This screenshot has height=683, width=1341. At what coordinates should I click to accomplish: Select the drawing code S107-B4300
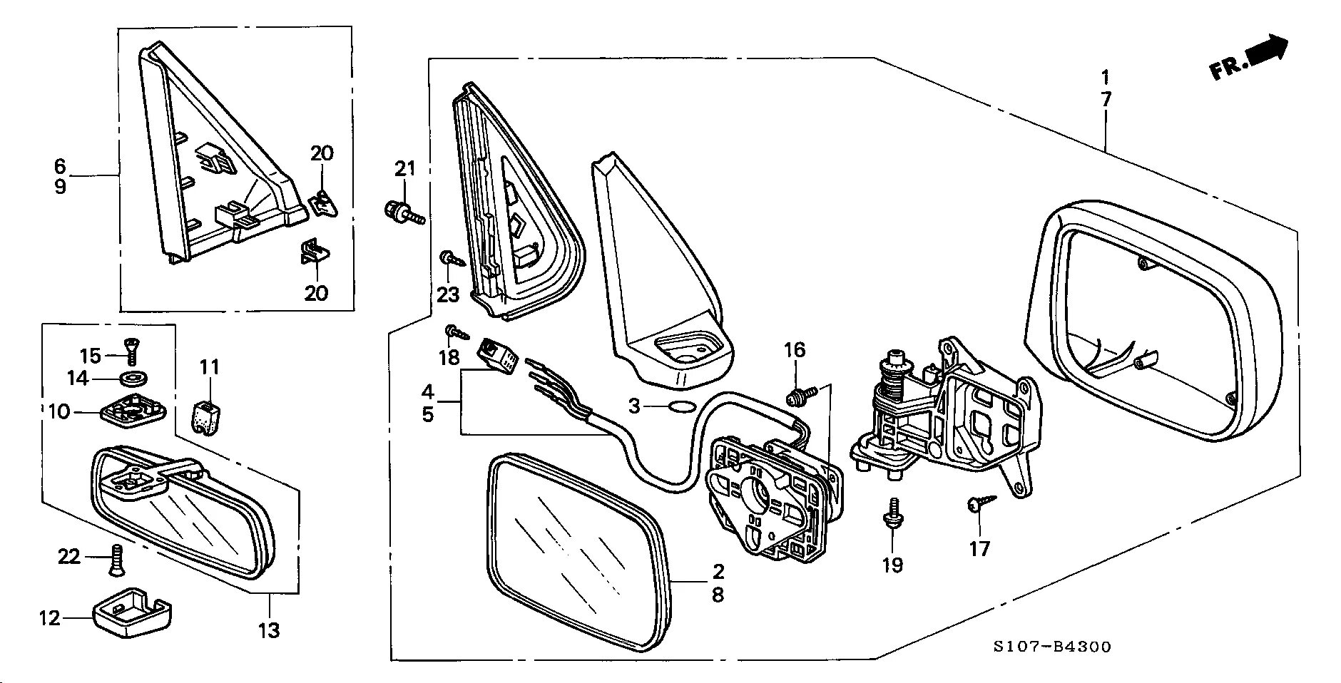coord(1052,647)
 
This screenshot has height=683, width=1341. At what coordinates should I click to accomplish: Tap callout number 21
coord(404,169)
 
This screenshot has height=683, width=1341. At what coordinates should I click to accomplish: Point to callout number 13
coord(270,630)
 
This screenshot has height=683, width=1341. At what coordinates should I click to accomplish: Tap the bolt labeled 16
coord(798,394)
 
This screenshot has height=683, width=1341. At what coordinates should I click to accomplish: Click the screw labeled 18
coord(455,331)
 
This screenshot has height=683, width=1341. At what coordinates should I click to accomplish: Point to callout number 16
coord(795,350)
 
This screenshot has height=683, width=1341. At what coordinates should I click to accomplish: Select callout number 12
coord(50,618)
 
